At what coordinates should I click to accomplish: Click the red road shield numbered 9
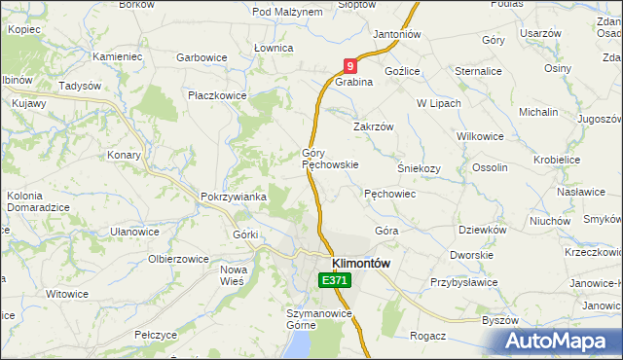pyautogui.click(x=350, y=65)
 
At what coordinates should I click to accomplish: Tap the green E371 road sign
pyautogui.click(x=334, y=280)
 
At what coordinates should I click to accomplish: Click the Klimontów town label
pyautogui.click(x=361, y=263)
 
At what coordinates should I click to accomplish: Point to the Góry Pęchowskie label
pyautogui.click(x=330, y=159)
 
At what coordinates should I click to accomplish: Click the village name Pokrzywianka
pyautogui.click(x=234, y=197)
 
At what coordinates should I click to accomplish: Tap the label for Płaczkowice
pyautogui.click(x=217, y=95)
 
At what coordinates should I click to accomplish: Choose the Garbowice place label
pyautogui.click(x=202, y=57)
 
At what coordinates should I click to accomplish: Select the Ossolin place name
pyautogui.click(x=490, y=167)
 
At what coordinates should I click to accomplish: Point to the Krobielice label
pyautogui.click(x=557, y=159)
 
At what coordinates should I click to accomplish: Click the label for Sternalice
pyautogui.click(x=478, y=70)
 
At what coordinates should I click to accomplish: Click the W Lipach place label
pyautogui.click(x=436, y=102)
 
